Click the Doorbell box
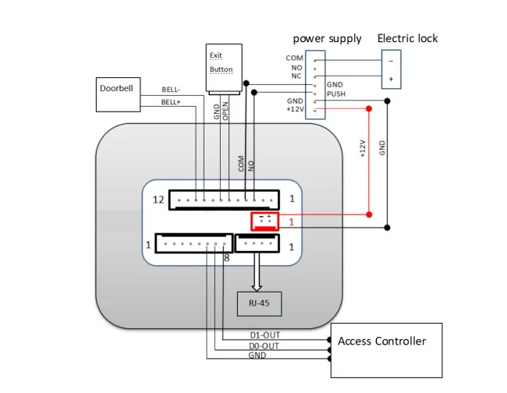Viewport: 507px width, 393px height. [117, 93]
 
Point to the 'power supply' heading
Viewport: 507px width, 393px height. [327, 38]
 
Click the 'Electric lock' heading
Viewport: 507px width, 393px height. [407, 38]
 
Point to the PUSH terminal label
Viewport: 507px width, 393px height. [336, 94]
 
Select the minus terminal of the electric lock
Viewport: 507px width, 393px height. [391, 60]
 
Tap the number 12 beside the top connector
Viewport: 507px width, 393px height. [158, 200]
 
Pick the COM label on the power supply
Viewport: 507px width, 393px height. [294, 58]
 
